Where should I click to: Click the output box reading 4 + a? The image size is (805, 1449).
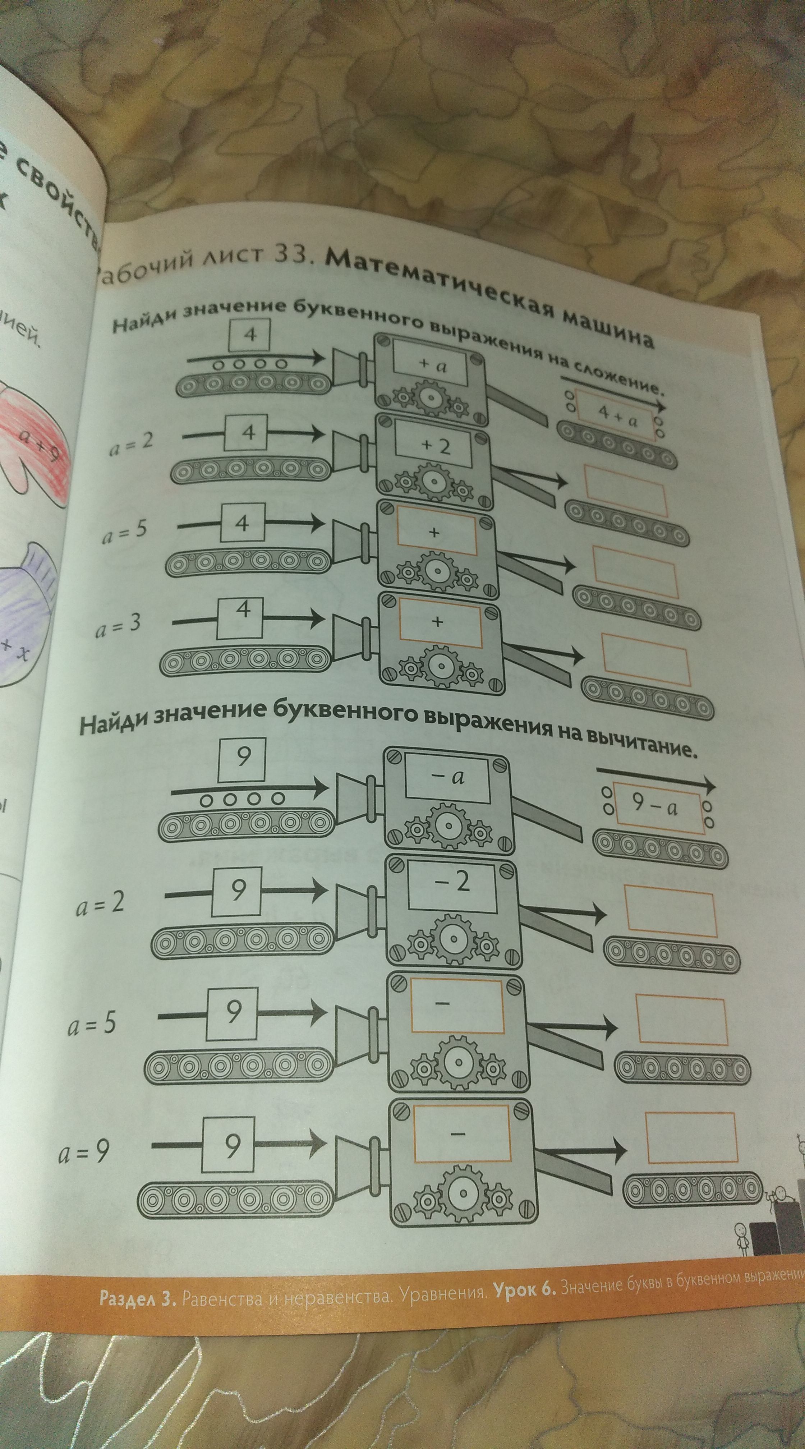(617, 416)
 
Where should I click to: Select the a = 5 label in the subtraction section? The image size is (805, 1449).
(92, 1023)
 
